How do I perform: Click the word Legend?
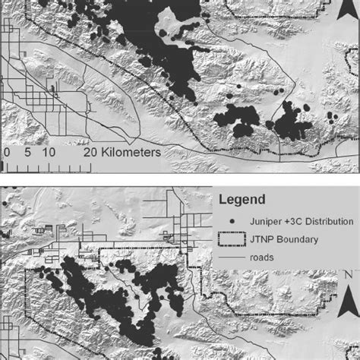242,201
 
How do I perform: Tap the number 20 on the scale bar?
89,152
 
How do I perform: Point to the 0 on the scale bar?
6,152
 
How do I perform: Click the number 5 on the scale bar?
26,152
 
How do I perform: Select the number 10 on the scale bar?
49,152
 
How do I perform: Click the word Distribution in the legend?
327,221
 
